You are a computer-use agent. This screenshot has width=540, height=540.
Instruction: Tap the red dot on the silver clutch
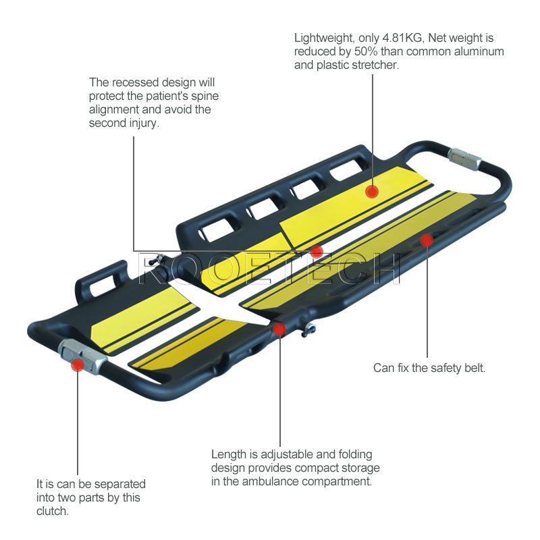(78, 365)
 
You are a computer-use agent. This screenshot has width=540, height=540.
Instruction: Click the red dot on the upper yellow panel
(371, 191)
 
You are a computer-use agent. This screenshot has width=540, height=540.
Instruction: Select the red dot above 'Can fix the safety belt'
(426, 240)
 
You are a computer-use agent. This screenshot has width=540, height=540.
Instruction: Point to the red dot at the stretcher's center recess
(317, 251)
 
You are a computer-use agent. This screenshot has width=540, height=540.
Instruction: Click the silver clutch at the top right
(464, 159)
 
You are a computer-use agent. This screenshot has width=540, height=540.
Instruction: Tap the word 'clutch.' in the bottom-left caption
(52, 511)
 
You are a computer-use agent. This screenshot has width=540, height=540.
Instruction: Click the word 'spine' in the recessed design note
(202, 96)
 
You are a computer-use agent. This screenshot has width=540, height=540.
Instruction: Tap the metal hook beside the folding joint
(310, 329)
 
